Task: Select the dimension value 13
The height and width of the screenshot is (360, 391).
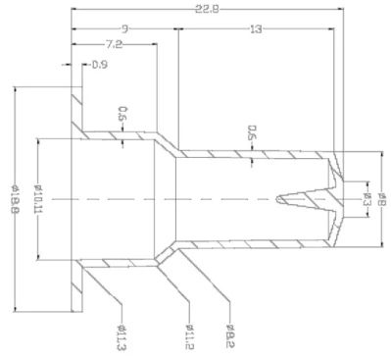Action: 256,29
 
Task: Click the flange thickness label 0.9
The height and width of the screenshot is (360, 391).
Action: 99,66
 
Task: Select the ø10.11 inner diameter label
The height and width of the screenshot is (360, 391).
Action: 37,200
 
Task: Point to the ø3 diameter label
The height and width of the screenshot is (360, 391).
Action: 365,200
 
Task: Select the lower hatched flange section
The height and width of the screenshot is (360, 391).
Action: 75,285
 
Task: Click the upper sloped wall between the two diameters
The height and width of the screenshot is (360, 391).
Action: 169,144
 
